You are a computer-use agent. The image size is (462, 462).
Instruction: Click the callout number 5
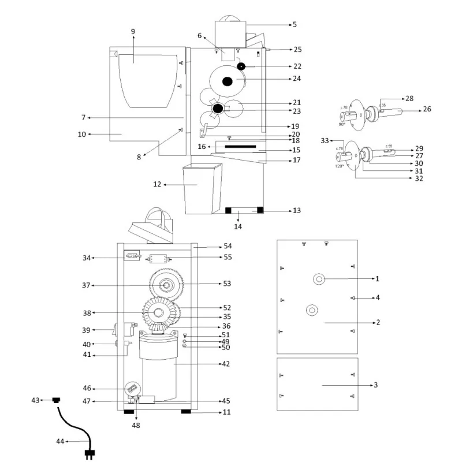(x=295, y=24)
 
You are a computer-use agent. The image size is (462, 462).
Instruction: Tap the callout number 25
(x=297, y=50)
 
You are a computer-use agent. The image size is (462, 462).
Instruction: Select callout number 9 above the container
(x=133, y=31)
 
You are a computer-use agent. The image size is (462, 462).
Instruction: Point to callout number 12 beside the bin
(x=157, y=185)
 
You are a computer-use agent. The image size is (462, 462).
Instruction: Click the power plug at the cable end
(x=90, y=453)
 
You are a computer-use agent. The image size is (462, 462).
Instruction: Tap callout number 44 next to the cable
(x=60, y=442)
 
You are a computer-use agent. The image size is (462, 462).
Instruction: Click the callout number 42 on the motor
(x=226, y=364)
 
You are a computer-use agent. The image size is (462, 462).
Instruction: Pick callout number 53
(x=227, y=284)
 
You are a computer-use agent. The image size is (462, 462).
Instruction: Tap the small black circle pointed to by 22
(x=240, y=66)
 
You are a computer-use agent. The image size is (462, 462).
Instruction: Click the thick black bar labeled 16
(x=242, y=147)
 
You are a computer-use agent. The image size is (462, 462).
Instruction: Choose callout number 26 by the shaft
(x=427, y=109)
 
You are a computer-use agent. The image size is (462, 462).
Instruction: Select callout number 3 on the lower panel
(x=376, y=385)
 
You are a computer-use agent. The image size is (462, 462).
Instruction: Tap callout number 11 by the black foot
(x=227, y=412)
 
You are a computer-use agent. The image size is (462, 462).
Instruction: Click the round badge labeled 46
(x=133, y=390)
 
